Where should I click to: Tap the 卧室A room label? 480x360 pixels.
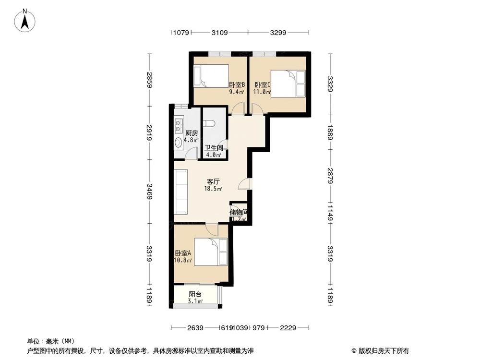[183, 253]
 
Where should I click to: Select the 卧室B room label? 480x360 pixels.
[237, 84]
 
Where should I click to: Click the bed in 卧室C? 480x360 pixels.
[288, 84]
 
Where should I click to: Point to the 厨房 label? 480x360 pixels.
[192, 133]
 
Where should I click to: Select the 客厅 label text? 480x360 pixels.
[213, 182]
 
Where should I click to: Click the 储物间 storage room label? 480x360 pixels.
[239, 212]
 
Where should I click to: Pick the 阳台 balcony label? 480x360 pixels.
[195, 294]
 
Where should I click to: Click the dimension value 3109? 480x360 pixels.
[219, 33]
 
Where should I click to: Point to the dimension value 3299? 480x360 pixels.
[278, 33]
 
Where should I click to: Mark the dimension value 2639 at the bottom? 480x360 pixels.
[196, 328]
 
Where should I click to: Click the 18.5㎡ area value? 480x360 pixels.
[214, 190]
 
